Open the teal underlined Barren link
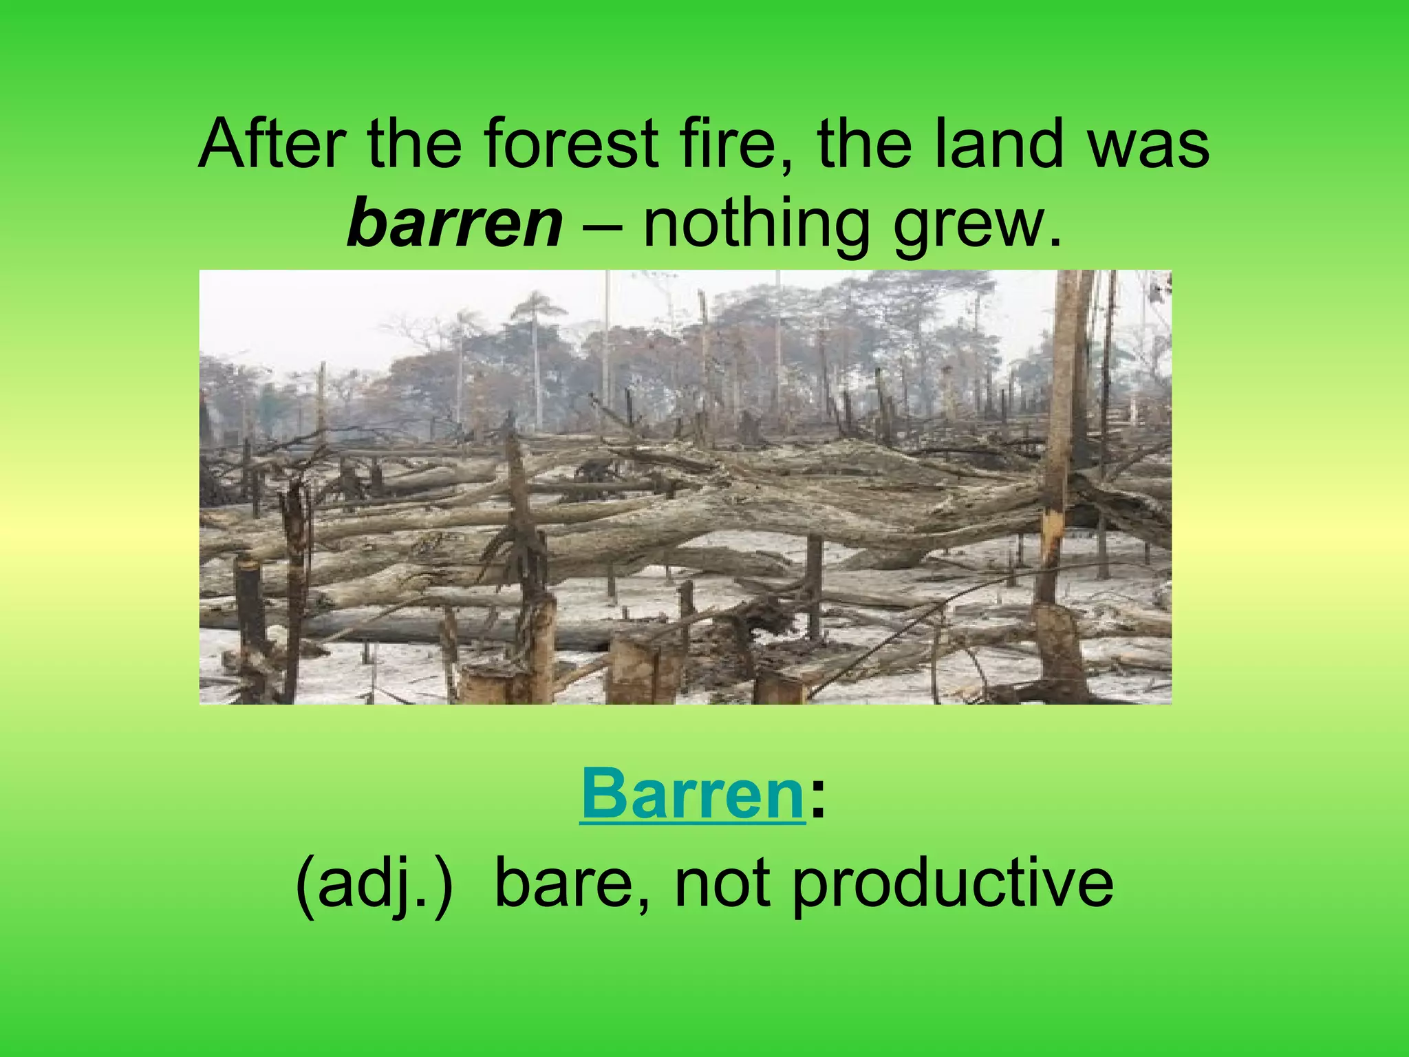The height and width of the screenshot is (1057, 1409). pos(692,796)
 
